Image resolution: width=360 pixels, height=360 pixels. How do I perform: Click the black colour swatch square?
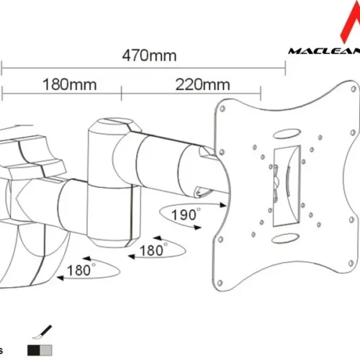(34, 348)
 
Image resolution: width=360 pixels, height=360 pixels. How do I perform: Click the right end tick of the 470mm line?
(285, 66)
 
